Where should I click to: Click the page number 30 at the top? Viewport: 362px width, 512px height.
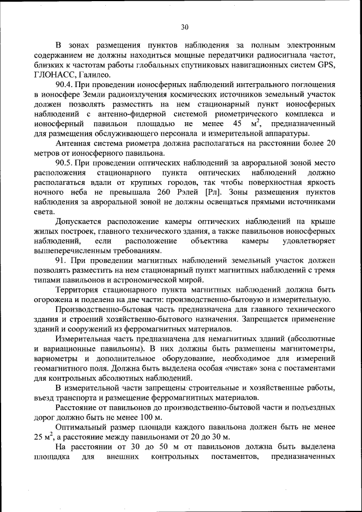[x=184, y=27]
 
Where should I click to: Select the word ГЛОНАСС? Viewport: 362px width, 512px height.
[x=54, y=75]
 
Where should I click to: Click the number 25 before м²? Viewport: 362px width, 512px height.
[x=40, y=437]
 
